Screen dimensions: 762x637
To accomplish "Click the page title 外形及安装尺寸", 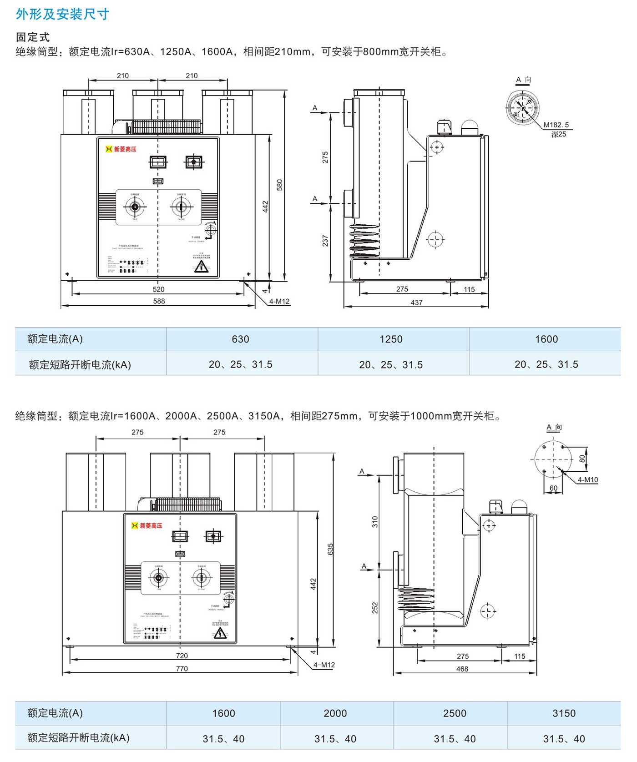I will (x=62, y=14).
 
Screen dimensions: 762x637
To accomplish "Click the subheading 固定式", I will (x=32, y=37).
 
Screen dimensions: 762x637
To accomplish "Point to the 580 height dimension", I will (x=279, y=185).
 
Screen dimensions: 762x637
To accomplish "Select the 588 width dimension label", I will (x=159, y=301).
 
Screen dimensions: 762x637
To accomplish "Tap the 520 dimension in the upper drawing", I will (x=158, y=289).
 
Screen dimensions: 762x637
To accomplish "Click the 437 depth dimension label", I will (x=416, y=303).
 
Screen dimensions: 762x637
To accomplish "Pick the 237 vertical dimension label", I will (x=325, y=241).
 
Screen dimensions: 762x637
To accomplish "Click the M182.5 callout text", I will (x=556, y=125).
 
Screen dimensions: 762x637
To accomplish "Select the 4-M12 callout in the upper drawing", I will (x=279, y=301).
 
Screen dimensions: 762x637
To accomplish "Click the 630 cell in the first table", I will (x=240, y=339).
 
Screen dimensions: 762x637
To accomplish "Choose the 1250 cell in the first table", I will (x=391, y=339).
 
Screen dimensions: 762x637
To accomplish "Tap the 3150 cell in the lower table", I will (x=564, y=713).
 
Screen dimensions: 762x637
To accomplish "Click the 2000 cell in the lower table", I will (x=335, y=713).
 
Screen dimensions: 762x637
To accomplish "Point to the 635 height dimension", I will (x=331, y=549).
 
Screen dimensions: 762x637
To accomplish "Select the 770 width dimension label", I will (x=182, y=669).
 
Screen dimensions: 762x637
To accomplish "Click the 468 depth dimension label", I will (x=462, y=669).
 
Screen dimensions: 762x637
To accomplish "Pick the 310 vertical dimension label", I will (x=375, y=521).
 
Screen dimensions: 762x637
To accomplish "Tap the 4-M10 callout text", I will (x=587, y=480).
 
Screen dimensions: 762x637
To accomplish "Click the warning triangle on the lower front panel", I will (x=220, y=633).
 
